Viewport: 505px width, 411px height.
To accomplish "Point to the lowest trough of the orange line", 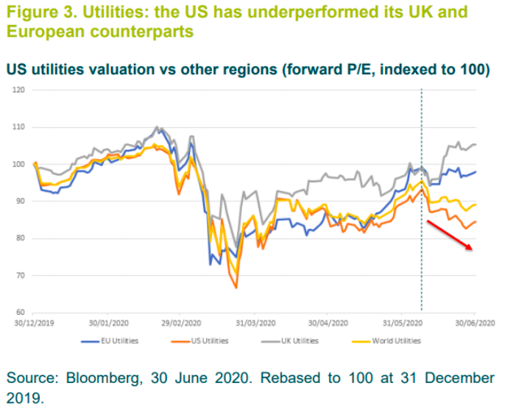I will coord(236,287).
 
